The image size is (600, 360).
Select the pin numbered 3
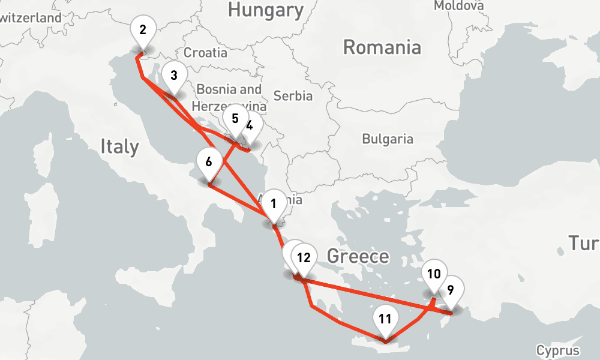click(173, 76)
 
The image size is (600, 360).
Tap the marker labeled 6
click(209, 162)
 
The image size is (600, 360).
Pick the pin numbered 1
click(274, 204)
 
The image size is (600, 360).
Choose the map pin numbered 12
click(304, 259)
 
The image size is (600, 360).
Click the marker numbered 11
click(385, 319)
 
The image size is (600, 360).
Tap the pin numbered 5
click(235, 119)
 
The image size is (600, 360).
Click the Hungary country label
click(266, 10)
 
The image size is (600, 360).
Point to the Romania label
click(382, 47)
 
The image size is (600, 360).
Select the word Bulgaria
click(388, 139)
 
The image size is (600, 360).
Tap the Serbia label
click(293, 95)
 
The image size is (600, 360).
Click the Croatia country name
click(206, 53)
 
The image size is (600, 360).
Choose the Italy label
click(119, 146)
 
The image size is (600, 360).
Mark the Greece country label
click(358, 257)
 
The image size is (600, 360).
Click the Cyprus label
click(558, 350)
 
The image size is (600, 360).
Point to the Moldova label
click(458, 5)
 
